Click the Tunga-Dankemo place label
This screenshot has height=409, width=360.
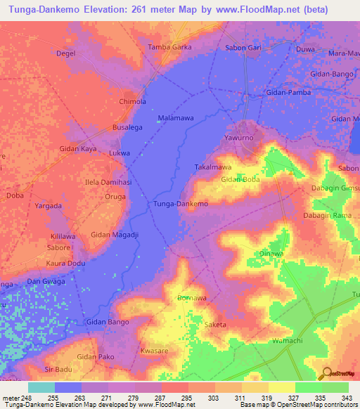(181, 203)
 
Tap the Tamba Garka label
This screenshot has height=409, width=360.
(169, 47)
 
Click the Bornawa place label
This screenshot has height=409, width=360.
(192, 298)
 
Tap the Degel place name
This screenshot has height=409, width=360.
(65, 53)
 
